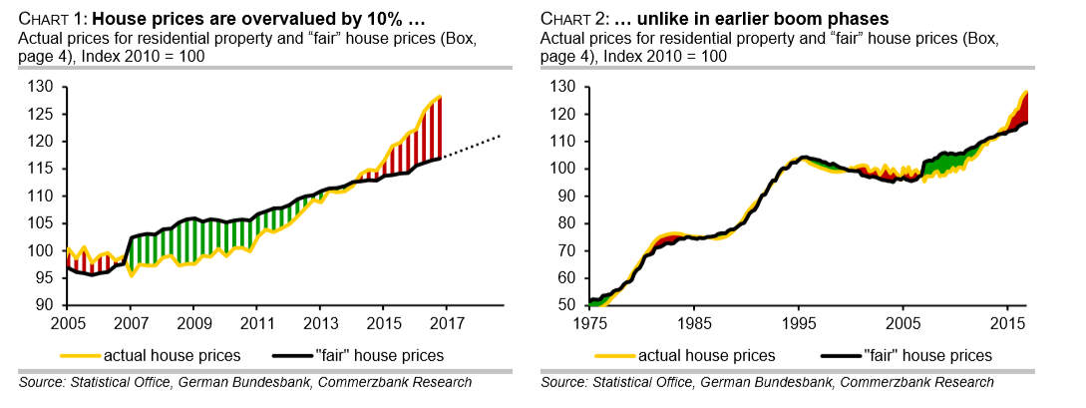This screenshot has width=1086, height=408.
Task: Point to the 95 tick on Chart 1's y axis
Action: coord(45,278)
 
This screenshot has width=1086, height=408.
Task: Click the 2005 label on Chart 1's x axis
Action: coord(67,323)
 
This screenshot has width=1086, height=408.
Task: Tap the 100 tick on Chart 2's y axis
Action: coord(563,169)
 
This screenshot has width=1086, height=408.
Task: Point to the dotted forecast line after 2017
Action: coord(474,146)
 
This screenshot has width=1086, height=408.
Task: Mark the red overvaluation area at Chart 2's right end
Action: coord(1022,110)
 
